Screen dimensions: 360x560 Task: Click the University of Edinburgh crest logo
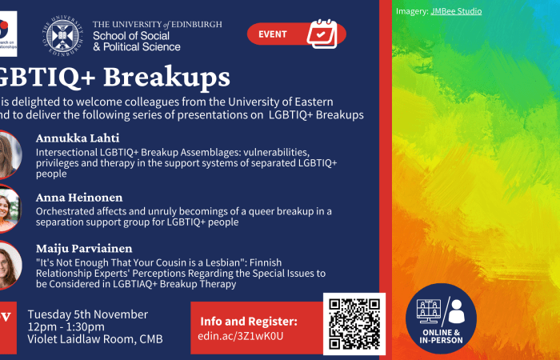tap(63, 34)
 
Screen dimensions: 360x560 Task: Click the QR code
tap(354, 323)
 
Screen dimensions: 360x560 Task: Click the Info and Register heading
tap(249, 321)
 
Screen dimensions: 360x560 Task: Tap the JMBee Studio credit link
tap(456, 11)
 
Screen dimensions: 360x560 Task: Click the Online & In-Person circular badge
tap(441, 318)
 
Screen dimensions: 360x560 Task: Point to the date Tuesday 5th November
tap(88, 314)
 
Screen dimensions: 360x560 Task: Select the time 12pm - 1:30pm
tap(66, 326)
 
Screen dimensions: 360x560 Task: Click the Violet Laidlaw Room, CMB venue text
tap(95, 339)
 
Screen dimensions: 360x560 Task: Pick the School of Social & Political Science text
tap(137, 42)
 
